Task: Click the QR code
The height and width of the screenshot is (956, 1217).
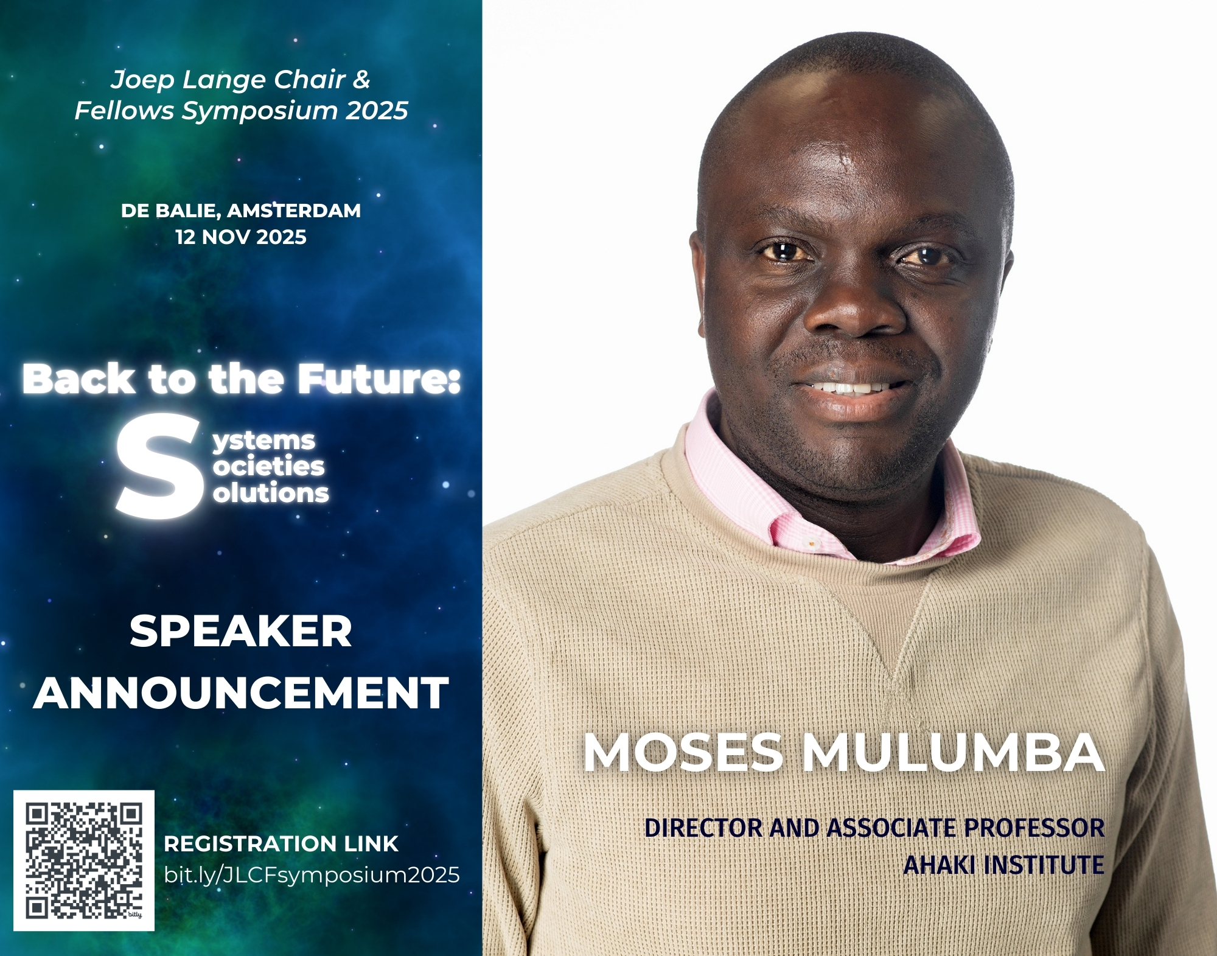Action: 84,860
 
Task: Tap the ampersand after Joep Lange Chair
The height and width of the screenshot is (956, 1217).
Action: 361,79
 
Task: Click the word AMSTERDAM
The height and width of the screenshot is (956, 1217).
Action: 294,211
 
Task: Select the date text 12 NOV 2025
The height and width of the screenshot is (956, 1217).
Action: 241,237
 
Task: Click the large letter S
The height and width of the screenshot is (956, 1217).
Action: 160,466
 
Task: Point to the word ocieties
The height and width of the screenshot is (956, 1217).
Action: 269,467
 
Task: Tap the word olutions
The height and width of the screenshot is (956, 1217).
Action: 271,492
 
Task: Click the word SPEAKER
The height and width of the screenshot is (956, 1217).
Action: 241,631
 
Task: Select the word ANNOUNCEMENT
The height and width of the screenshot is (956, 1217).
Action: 241,693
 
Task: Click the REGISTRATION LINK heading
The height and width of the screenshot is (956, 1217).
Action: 281,844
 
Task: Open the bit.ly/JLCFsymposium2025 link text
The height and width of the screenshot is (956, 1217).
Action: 312,876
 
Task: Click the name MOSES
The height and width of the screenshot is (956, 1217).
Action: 683,753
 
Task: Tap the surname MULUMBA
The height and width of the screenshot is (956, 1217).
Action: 953,753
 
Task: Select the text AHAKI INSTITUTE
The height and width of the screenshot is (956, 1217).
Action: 1003,865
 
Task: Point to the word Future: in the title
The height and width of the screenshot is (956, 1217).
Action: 378,379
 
